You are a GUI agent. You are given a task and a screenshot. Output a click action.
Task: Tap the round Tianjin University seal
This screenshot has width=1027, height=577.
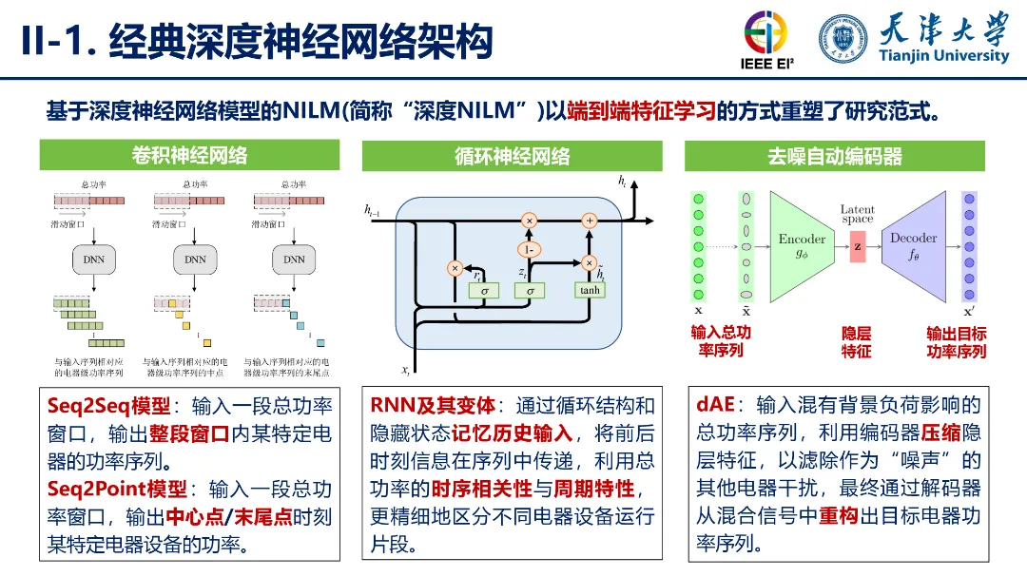coord(843,39)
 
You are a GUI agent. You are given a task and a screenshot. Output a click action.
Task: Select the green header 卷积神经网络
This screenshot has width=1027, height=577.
coord(189,156)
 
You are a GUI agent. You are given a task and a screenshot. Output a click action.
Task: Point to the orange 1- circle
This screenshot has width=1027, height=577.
coord(530,249)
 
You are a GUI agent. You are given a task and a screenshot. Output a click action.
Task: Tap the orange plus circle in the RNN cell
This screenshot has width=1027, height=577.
coord(589,220)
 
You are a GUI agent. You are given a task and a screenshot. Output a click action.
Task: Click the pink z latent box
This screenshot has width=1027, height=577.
coord(858,245)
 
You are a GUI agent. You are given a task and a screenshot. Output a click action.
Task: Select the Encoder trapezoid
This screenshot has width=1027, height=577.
coord(801,243)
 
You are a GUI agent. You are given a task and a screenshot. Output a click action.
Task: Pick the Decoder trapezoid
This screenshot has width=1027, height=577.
coord(914,243)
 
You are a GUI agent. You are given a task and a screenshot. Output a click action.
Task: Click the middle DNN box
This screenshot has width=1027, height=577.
coord(195,259)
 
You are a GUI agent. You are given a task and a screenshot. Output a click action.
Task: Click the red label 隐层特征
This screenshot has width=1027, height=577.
coord(856,342)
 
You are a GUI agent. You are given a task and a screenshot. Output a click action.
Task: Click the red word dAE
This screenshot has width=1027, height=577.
coord(715,406)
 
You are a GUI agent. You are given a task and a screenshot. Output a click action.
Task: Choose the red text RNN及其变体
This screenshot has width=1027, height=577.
coord(433,406)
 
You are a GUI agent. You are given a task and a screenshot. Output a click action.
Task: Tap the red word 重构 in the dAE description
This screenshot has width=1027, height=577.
coord(837,517)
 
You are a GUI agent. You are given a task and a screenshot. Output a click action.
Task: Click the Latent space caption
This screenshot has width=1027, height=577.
coord(857,214)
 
